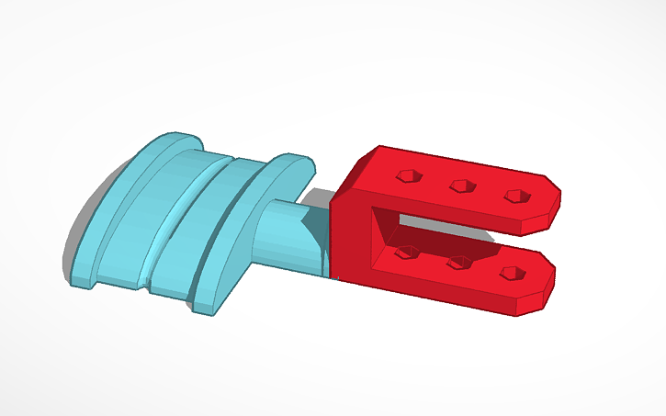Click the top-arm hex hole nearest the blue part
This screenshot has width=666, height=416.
pyautogui.click(x=406, y=174)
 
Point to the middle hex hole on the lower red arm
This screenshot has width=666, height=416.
pyautogui.click(x=457, y=263)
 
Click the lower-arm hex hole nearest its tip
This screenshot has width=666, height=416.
pyautogui.click(x=513, y=274)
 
